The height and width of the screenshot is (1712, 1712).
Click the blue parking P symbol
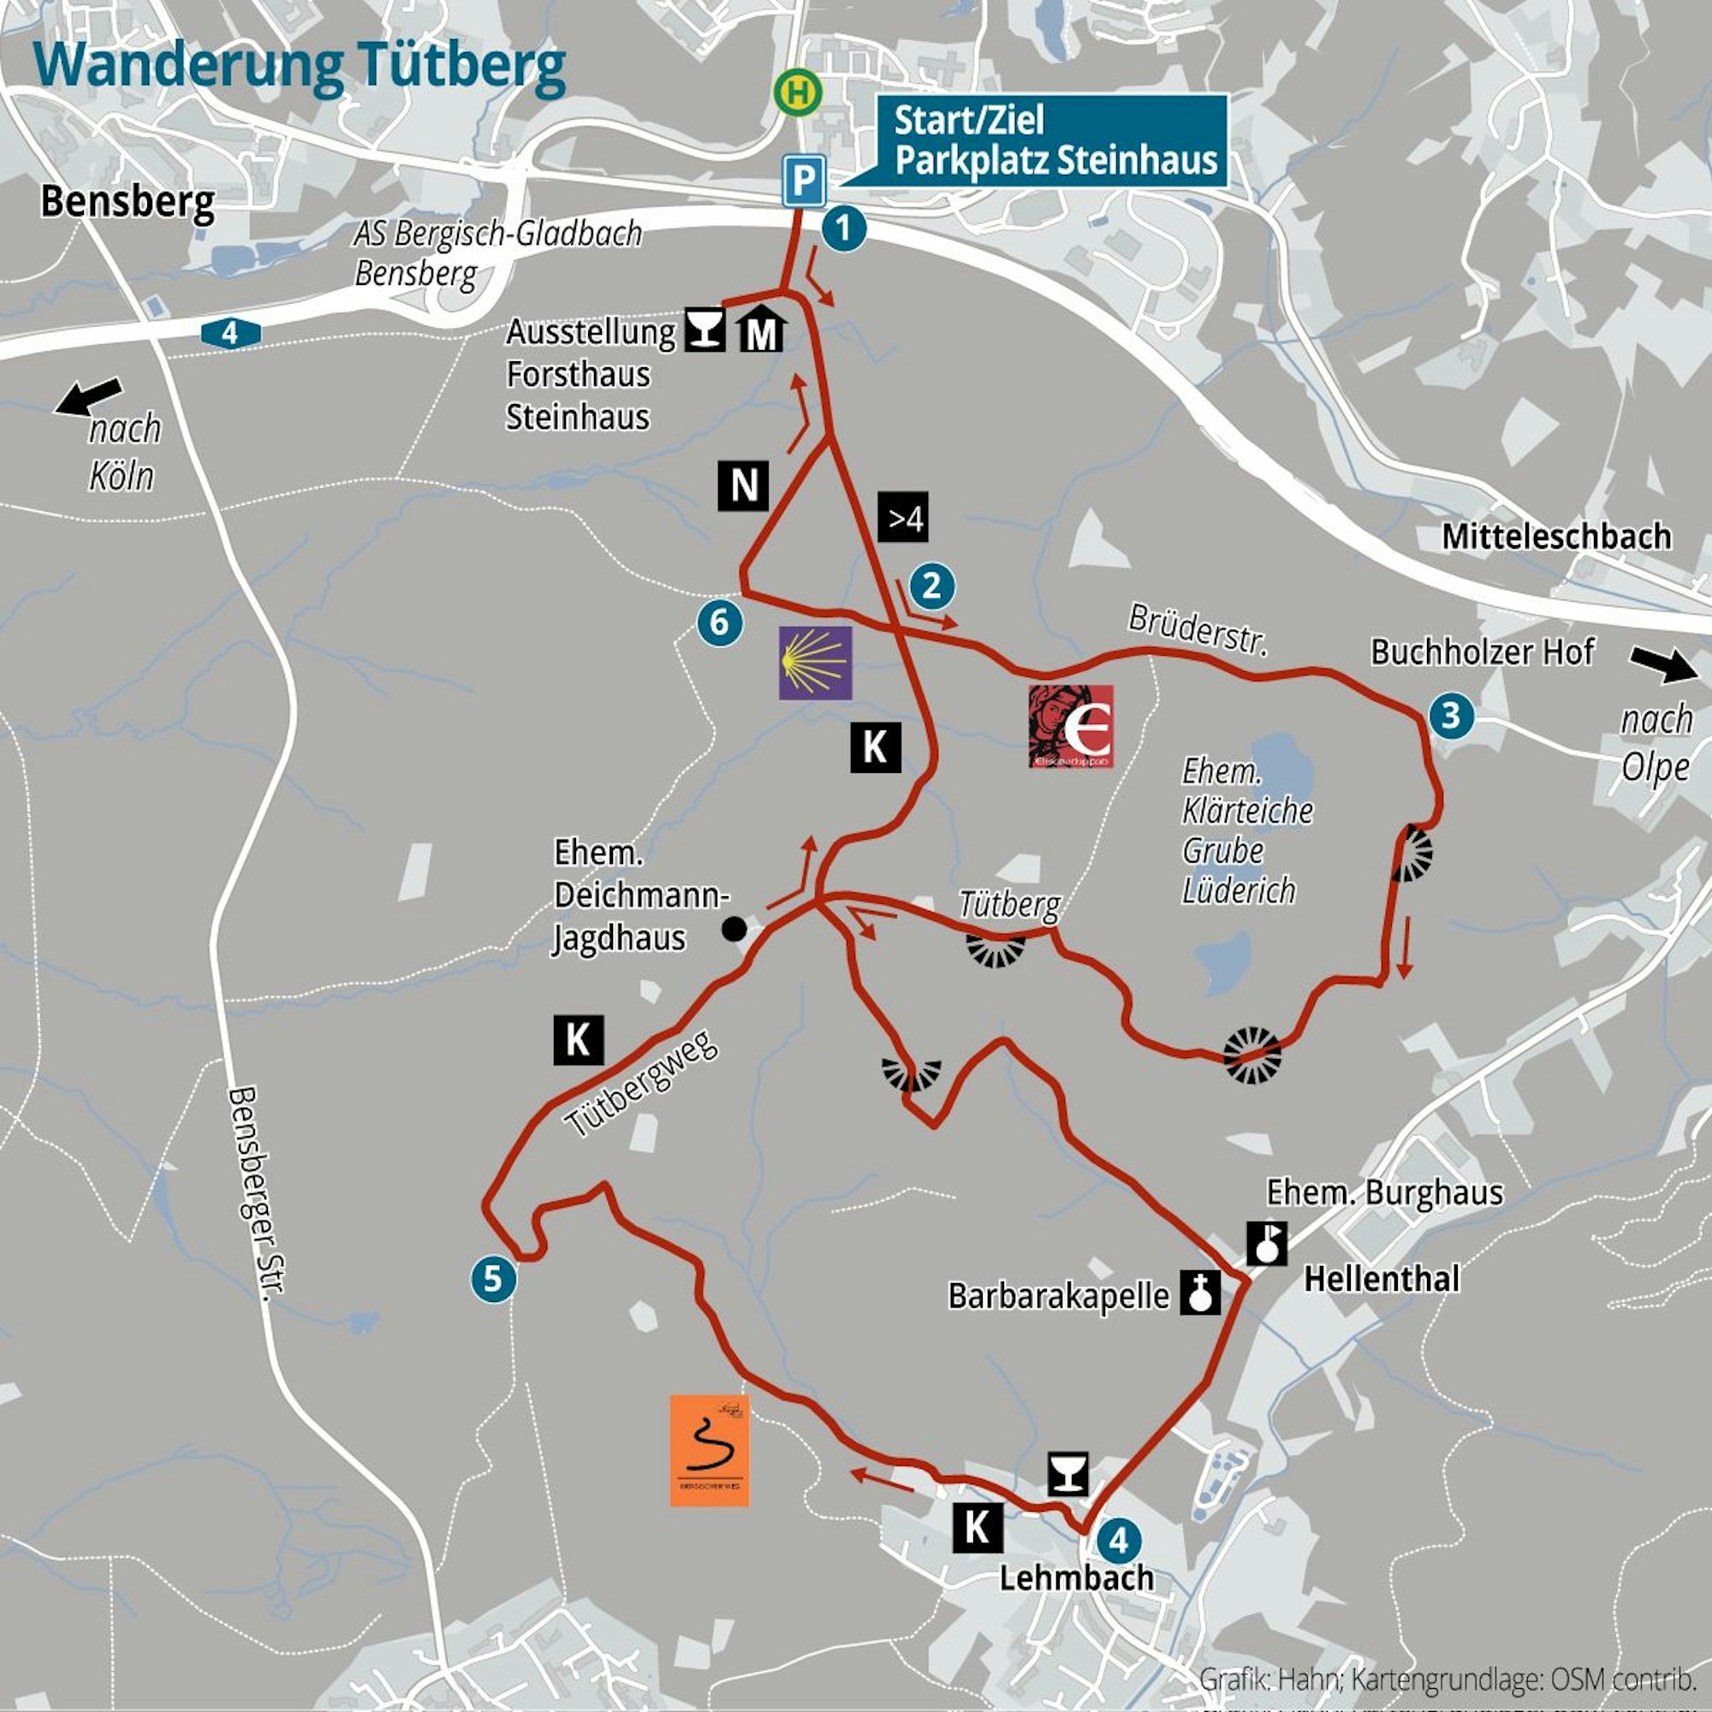pyautogui.click(x=804, y=181)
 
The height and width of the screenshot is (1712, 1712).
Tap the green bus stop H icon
pyautogui.click(x=798, y=92)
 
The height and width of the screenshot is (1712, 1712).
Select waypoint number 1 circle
pyautogui.click(x=844, y=229)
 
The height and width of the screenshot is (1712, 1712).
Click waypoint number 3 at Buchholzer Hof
pyautogui.click(x=1452, y=714)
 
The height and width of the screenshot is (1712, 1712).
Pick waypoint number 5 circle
pyautogui.click(x=494, y=1279)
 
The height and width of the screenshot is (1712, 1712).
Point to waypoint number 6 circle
pyautogui.click(x=720, y=622)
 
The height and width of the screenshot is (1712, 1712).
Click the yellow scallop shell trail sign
pyautogui.click(x=815, y=663)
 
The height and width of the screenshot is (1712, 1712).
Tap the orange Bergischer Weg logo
pyautogui.click(x=709, y=1451)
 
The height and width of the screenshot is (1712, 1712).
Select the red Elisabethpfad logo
pyautogui.click(x=1071, y=726)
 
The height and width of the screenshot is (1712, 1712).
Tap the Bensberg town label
pyautogui.click(x=128, y=203)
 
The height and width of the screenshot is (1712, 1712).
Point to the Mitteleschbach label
pyautogui.click(x=1556, y=536)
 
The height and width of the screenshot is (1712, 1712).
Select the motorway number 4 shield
pyautogui.click(x=230, y=334)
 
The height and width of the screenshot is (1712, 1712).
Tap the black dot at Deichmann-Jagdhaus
pyautogui.click(x=734, y=929)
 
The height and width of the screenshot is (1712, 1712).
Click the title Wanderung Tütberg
pyautogui.click(x=300, y=67)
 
